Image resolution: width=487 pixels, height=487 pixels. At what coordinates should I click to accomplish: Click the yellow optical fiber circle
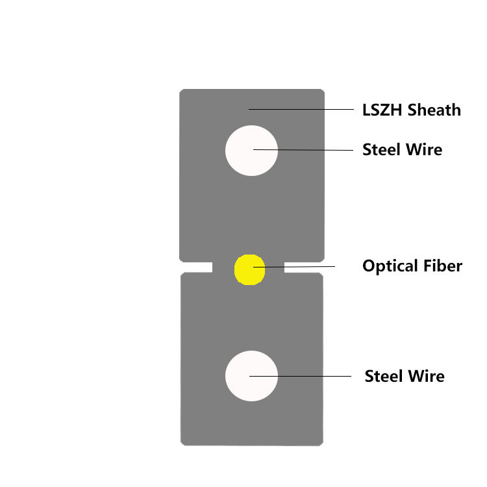coord(249,269)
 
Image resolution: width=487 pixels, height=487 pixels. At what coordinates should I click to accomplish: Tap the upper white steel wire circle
coord(251,150)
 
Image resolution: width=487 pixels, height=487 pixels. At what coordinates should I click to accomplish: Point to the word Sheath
coord(434,110)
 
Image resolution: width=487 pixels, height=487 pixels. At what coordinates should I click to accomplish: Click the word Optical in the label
coord(388,266)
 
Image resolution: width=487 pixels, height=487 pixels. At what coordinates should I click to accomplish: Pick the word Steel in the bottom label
coord(384,376)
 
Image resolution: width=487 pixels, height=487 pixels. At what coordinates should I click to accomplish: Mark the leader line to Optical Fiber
coord(305,266)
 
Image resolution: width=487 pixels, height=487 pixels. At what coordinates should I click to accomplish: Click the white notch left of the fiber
coord(197,267)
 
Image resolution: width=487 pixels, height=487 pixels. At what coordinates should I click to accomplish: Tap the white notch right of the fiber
coord(304,267)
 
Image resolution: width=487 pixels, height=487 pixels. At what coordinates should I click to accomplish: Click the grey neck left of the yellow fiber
coord(223,267)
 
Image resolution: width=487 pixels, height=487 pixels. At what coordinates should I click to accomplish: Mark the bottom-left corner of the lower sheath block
coord(182,443)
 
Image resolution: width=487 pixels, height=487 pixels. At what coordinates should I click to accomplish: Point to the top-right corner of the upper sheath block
coord(322,92)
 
